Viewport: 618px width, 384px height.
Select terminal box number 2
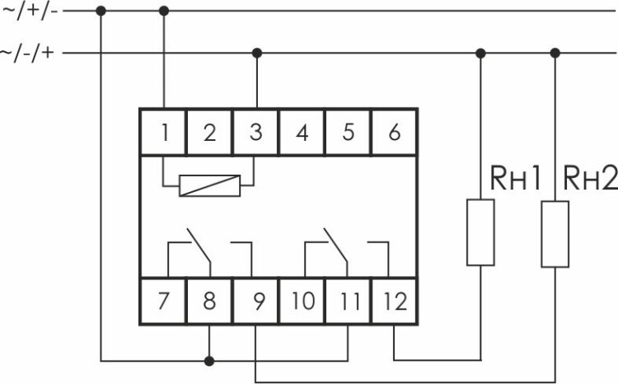pyautogui.click(x=209, y=132)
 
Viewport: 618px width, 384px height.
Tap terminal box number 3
pyautogui.click(x=255, y=132)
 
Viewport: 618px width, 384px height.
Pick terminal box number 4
pyautogui.click(x=302, y=132)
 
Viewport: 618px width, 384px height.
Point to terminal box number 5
pyautogui.click(x=348, y=132)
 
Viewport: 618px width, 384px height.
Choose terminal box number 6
pyautogui.click(x=394, y=132)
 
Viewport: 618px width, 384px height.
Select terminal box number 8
pyautogui.click(x=209, y=301)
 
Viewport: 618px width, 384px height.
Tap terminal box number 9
pyautogui.click(x=255, y=301)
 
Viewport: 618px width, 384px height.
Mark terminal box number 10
pyautogui.click(x=302, y=301)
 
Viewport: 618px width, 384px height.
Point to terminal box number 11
pyautogui.click(x=349, y=301)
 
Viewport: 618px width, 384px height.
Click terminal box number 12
pyautogui.click(x=395, y=301)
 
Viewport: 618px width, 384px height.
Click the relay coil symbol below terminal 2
pyautogui.click(x=210, y=185)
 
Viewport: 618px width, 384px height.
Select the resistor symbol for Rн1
pyautogui.click(x=480, y=232)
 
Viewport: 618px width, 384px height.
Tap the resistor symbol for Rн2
pyautogui.click(x=555, y=232)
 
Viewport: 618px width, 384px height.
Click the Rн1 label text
pyautogui.click(x=516, y=177)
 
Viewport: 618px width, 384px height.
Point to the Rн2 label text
pyautogui.click(x=589, y=177)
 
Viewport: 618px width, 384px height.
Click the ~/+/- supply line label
pyautogui.click(x=30, y=12)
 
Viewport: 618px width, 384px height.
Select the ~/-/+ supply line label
pyautogui.click(x=30, y=54)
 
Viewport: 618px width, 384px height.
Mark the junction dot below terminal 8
pyautogui.click(x=209, y=360)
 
